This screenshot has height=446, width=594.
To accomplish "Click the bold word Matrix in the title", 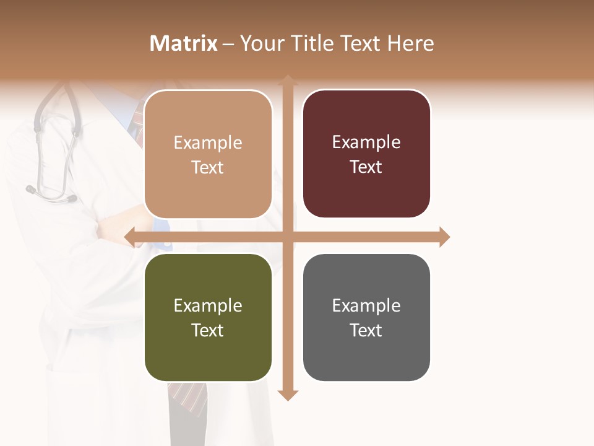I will pos(184,43).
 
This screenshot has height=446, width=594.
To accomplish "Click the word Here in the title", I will pos(411,43).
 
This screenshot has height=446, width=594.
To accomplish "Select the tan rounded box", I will pos(208,154).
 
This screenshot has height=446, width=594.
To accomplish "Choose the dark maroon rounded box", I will pos(366,154).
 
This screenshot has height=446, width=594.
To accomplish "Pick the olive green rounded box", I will pos(208,317).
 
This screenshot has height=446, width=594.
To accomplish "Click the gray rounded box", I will pos(366,317).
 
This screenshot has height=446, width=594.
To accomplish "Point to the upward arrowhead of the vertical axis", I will pos(288,80).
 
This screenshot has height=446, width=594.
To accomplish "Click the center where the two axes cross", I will pos(288,237).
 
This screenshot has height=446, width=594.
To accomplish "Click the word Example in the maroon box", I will pos(366,142).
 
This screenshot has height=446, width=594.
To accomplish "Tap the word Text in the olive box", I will pos(208,330).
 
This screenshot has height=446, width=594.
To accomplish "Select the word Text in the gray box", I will pos(366,330).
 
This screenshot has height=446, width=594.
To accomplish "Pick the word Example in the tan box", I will pos(208,143).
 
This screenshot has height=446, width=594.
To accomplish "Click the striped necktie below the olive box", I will pos(189,396).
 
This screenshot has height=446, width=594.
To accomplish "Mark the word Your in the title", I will pos(259,43).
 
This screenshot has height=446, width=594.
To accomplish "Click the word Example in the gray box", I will pos(366,305).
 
